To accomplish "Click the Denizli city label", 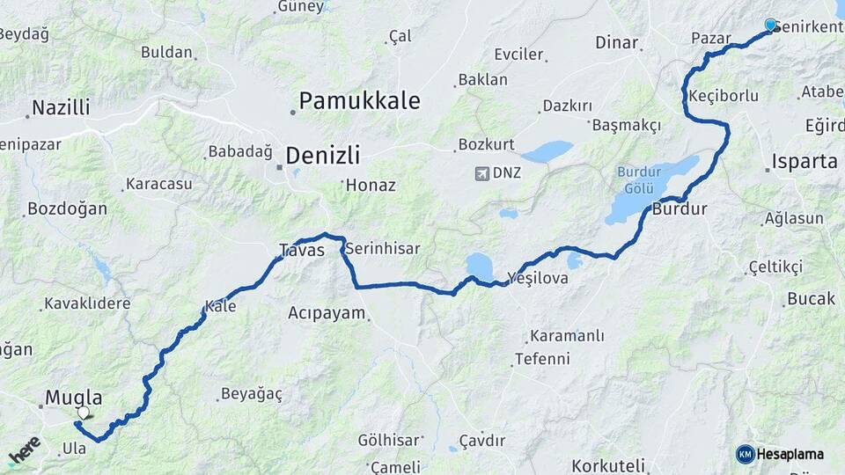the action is tap(323, 156).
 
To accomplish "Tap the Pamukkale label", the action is tap(359, 100).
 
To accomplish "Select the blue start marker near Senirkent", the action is tap(771, 26).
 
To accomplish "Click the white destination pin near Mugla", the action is tap(83, 412).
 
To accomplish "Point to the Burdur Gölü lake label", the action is tap(638, 179).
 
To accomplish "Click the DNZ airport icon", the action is tap(481, 172).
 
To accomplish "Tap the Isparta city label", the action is tap(804, 161).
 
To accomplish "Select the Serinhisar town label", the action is tap(382, 249).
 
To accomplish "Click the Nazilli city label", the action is tap(61, 108).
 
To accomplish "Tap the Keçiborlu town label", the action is tap(724, 96).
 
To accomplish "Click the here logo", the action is tap(25, 450).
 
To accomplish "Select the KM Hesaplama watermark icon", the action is tap(745, 454).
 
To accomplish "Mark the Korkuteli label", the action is tap(608, 464).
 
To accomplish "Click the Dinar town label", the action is tap(616, 42).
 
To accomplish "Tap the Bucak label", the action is tap(811, 299).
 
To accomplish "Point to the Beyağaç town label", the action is tap(252, 394).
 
